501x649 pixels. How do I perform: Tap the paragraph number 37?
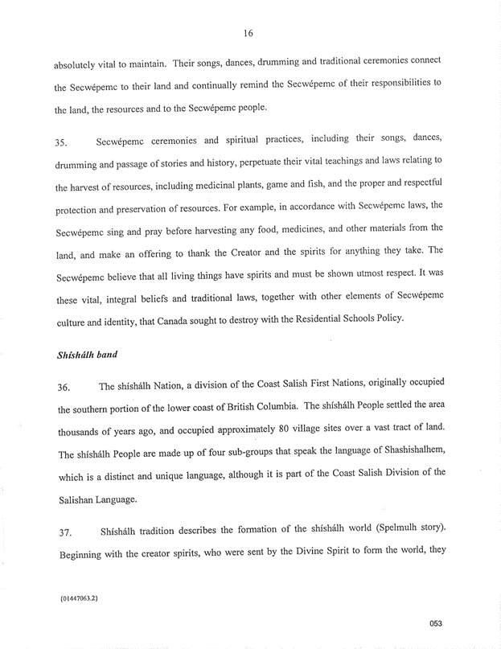tap(61, 533)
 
